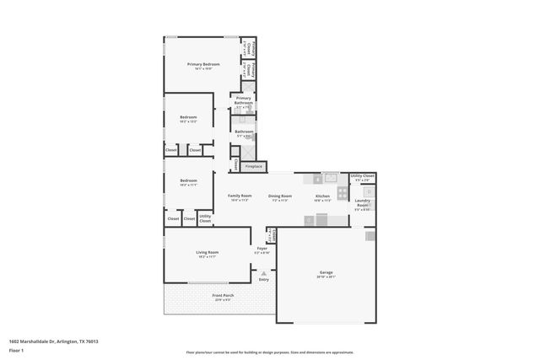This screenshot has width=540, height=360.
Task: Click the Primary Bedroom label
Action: coord(203,65)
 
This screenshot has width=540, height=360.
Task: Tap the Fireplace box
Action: coord(253,166)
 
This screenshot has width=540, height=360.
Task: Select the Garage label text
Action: coord(326,274)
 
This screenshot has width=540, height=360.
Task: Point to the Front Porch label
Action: coord(223,296)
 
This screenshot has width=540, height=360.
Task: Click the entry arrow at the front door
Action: coord(264,272)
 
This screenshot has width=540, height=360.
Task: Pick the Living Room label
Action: coord(208,253)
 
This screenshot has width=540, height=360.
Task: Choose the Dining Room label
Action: coord(281,196)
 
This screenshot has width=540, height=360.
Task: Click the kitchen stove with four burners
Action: coord(343,192)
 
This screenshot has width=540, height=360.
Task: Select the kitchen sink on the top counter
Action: coord(331,178)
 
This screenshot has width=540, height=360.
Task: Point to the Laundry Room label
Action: coord(363,202)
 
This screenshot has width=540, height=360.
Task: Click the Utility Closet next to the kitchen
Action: coord(363,178)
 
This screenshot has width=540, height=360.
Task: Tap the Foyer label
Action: coord(262,250)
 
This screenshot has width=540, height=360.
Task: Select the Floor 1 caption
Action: coord(17,350)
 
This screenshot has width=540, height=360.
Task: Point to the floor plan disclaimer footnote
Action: coord(270,352)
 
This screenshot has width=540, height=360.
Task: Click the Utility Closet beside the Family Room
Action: coord(205,218)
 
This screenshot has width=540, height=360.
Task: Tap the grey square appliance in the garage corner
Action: coord(370,236)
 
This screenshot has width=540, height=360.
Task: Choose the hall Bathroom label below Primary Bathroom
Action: coord(244,132)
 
